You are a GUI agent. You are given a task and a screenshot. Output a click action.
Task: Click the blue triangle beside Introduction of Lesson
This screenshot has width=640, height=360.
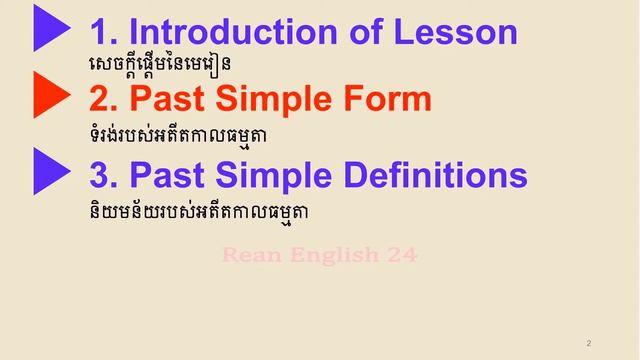point(50,28)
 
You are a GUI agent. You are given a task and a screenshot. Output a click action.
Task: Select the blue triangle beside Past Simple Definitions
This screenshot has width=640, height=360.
point(50,171)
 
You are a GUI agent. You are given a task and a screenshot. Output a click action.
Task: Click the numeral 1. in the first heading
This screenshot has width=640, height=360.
point(103,33)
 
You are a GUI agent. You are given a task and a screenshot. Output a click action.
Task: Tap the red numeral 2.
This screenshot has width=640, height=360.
point(103,99)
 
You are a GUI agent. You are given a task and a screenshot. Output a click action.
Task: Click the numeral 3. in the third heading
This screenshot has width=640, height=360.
point(103,175)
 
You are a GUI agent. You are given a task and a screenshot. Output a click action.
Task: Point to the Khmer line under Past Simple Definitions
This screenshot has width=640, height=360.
point(195,211)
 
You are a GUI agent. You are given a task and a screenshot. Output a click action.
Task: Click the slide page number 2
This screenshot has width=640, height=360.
point(589,343)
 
